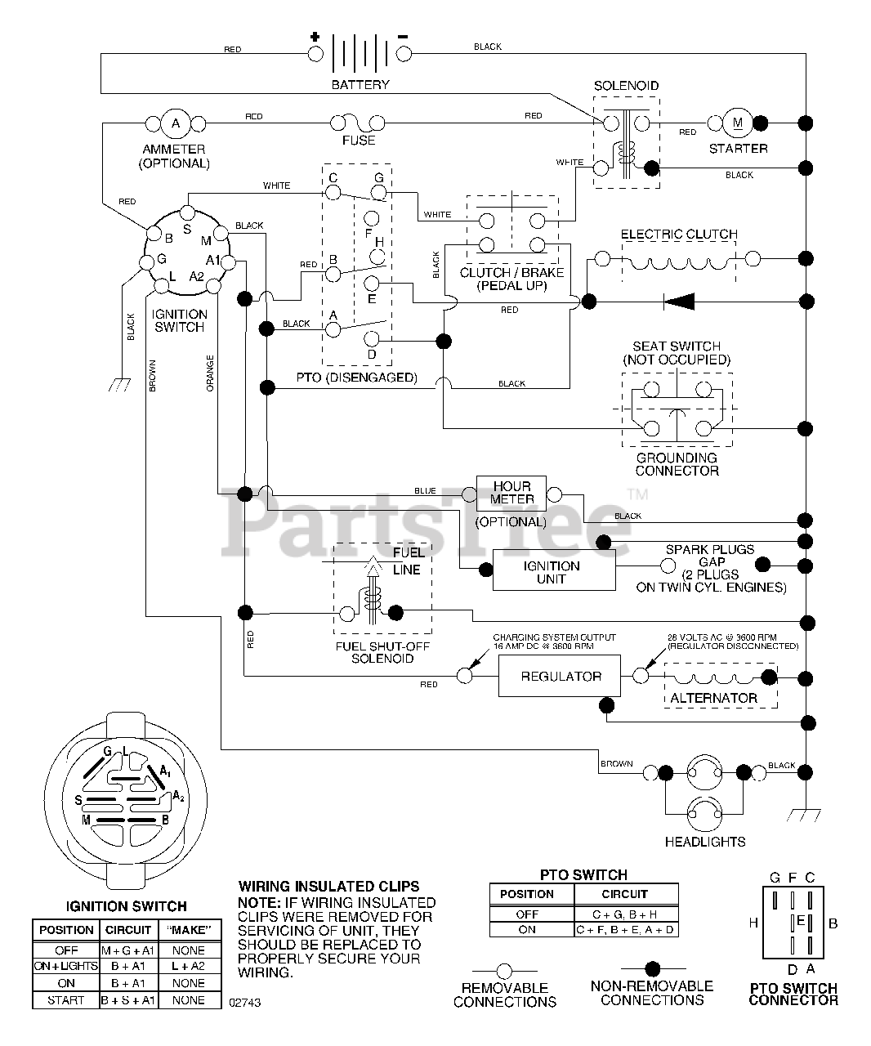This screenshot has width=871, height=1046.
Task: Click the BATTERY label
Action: [360, 85]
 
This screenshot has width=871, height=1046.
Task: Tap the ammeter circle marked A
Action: [176, 123]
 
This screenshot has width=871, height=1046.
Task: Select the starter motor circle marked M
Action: [737, 123]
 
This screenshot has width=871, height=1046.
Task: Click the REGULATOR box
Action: [560, 676]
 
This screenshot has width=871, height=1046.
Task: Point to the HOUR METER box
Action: [511, 494]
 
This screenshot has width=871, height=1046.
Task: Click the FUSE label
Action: [359, 141]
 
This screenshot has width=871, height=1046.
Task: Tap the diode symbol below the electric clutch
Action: [679, 302]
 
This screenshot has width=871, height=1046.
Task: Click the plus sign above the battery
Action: [315, 37]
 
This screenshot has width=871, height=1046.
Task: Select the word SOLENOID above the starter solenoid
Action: [626, 86]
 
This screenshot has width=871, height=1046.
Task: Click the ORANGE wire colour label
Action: [210, 373]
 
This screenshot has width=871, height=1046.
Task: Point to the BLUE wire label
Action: [425, 491]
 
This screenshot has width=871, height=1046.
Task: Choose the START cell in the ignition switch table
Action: [65, 1000]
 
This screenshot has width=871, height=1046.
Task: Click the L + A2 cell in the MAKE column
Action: [189, 966]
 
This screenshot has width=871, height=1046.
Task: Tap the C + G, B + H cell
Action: [625, 914]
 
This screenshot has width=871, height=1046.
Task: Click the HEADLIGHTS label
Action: [704, 842]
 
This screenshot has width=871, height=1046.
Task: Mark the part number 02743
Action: [245, 1003]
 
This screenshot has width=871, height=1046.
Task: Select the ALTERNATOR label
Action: [713, 698]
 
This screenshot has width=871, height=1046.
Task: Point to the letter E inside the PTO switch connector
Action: [801, 921]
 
